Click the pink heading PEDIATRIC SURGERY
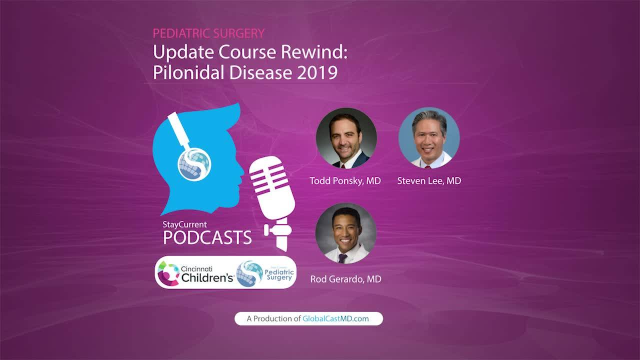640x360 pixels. click(x=208, y=33)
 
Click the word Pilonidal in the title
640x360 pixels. click(x=188, y=72)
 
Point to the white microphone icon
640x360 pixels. click(x=273, y=203)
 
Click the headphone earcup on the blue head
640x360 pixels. click(x=194, y=164)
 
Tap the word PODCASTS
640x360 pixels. click(x=207, y=237)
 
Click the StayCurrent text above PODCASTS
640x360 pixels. click(x=184, y=224)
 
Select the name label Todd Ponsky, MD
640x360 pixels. click(x=345, y=180)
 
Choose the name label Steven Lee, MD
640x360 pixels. click(x=429, y=180)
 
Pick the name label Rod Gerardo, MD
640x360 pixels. click(x=345, y=279)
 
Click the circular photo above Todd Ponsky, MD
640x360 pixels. click(x=346, y=137)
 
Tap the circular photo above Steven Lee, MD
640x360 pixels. click(x=429, y=137)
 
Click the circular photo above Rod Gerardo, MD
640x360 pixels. click(x=346, y=233)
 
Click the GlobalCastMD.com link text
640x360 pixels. click(x=335, y=318)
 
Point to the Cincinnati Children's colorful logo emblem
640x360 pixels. click(x=168, y=273)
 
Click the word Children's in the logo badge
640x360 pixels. click(x=207, y=277)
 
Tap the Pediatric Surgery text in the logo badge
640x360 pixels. click(x=279, y=274)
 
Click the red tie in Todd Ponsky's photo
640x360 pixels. click(x=343, y=166)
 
